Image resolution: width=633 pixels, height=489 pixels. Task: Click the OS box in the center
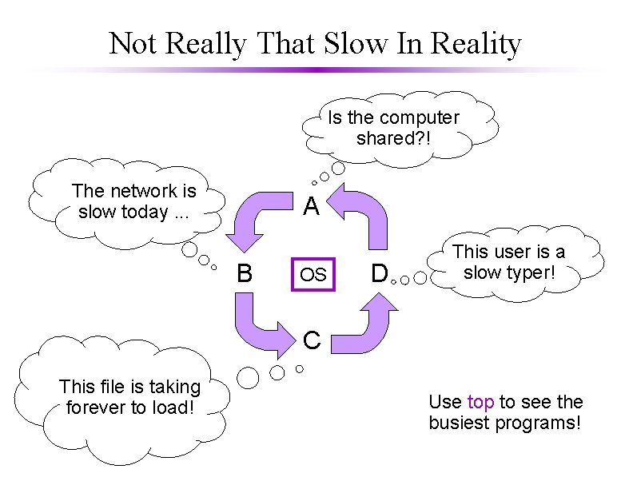pos(313,275)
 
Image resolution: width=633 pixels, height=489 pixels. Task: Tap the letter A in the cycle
pos(312,208)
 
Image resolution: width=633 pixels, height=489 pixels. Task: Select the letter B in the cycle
pos(245,274)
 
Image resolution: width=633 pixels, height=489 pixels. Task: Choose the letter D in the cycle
pos(379,274)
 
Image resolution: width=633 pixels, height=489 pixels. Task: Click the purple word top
pos(480,402)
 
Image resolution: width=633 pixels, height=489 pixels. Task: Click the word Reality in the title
pos(476,43)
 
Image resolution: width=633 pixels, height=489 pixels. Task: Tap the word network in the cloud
pos(145,191)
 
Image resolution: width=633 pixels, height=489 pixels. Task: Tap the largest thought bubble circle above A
pos(340,169)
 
